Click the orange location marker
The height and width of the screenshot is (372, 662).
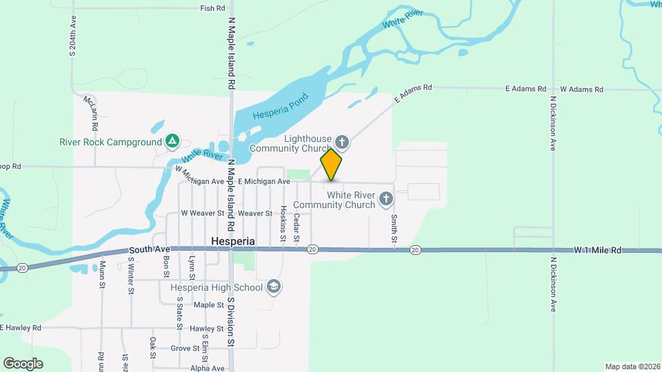tap(331, 165)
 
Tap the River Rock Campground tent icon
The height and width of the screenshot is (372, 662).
tap(172, 143)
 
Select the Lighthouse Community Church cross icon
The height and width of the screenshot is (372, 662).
tap(342, 143)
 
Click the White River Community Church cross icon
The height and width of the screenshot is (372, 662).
tap(386, 200)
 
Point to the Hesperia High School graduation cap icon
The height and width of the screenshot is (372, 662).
tap(274, 287)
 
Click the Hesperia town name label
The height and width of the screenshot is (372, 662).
tap(232, 242)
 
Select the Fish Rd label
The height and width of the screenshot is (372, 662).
tap(212, 8)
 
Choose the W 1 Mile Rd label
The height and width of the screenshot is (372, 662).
tap(598, 250)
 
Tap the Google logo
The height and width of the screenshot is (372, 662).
tap(23, 364)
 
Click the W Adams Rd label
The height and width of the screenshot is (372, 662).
tap(581, 89)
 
